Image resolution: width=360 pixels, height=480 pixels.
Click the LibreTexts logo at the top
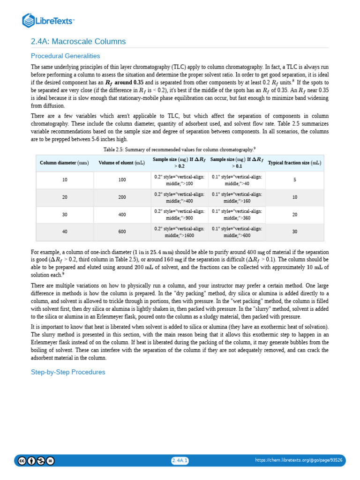click(x=48, y=20)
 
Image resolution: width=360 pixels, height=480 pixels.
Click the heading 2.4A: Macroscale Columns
click(x=78, y=41)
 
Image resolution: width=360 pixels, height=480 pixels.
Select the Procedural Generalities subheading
click(x=66, y=56)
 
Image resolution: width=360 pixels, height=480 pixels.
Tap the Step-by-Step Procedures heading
click(x=68, y=372)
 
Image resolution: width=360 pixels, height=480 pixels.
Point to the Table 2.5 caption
click(x=179, y=149)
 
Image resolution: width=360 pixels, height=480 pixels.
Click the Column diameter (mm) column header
click(x=64, y=163)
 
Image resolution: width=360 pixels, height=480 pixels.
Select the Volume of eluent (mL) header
click(x=122, y=163)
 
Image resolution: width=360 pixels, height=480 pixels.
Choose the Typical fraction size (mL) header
click(x=294, y=163)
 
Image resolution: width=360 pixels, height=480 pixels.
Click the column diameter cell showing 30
click(x=65, y=214)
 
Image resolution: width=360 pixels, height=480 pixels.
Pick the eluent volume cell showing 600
click(x=122, y=232)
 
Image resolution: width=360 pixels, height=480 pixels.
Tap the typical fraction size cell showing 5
click(x=294, y=180)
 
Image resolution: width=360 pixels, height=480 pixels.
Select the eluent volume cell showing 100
click(x=122, y=180)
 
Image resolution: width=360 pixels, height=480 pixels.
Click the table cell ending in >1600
click(x=179, y=232)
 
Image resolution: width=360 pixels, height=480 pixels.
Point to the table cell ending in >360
click(x=237, y=214)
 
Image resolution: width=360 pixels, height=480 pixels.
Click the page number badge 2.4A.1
click(x=180, y=460)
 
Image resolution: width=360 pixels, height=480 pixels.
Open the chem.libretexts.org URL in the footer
click(x=298, y=460)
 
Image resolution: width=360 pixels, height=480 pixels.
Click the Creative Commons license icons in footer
click(x=36, y=460)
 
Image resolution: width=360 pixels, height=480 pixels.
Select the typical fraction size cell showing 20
click(x=294, y=214)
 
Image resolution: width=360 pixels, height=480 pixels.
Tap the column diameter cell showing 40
click(x=65, y=232)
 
